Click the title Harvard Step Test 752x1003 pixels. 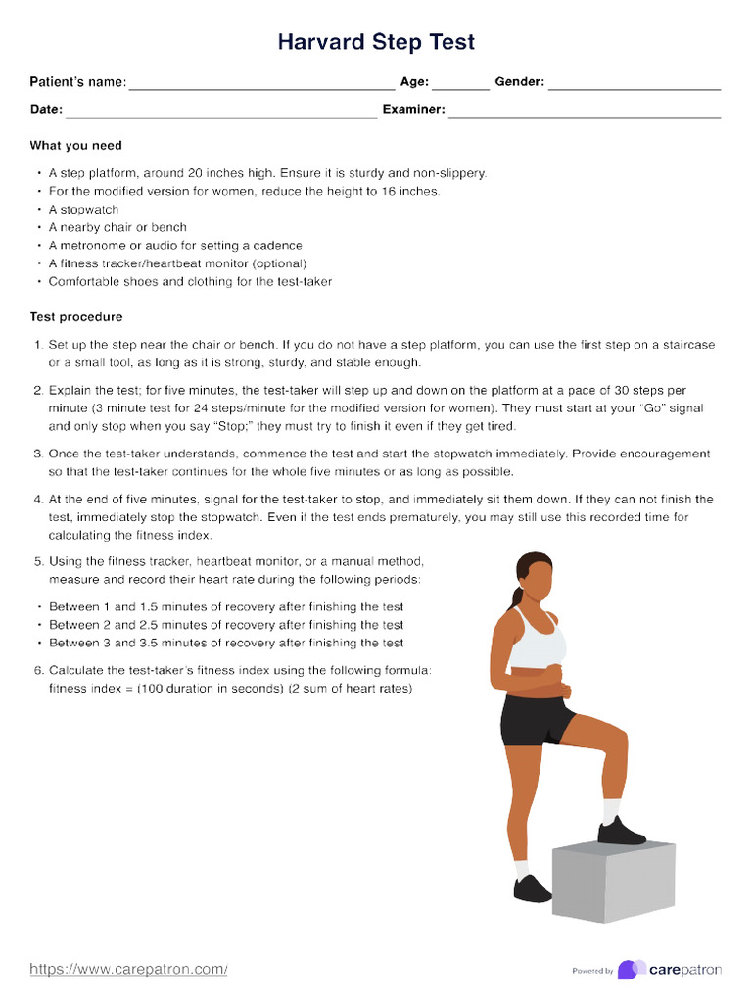click(x=376, y=42)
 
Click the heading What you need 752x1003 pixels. click(x=76, y=146)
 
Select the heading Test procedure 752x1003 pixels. click(x=76, y=318)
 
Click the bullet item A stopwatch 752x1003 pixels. click(x=84, y=210)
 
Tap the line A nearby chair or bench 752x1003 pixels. click(x=117, y=227)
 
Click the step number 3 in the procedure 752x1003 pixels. click(x=38, y=454)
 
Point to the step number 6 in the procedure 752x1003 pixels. click(x=38, y=671)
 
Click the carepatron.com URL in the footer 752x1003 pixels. click(x=128, y=970)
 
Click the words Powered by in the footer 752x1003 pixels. click(x=592, y=971)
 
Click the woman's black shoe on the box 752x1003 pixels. click(x=621, y=833)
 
